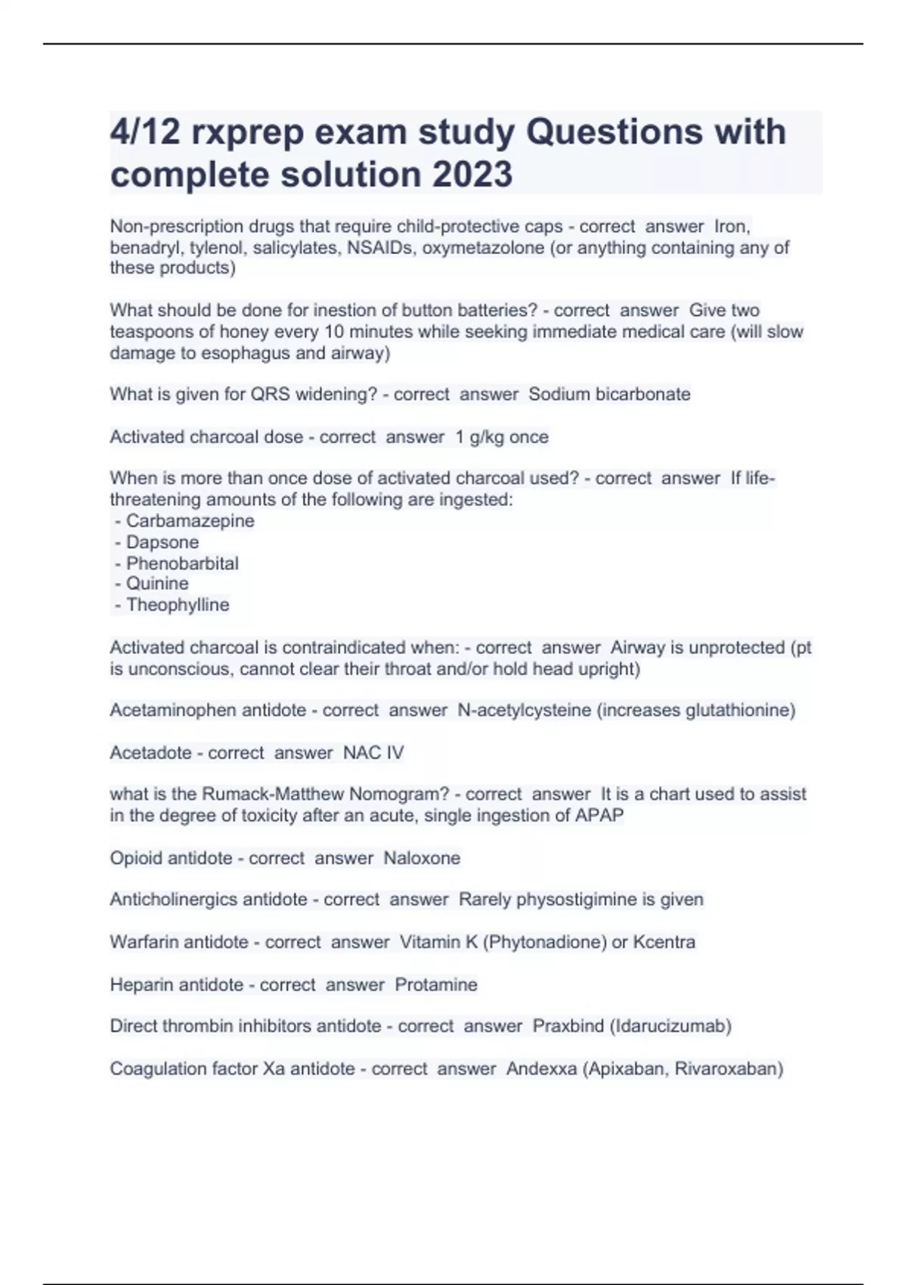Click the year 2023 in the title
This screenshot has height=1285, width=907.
point(472,175)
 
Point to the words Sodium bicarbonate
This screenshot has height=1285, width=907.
point(609,395)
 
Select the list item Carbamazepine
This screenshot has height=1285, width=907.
point(190,521)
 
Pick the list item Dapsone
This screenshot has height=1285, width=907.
point(163,542)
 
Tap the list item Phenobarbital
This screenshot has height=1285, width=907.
point(182,563)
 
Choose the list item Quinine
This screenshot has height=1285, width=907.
point(157,584)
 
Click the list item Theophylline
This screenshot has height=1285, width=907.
point(178,605)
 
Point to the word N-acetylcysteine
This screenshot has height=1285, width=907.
point(525,711)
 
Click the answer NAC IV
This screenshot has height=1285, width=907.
point(373,753)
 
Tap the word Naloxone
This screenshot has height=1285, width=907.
point(422,859)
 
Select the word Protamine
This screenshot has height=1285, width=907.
point(436,985)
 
